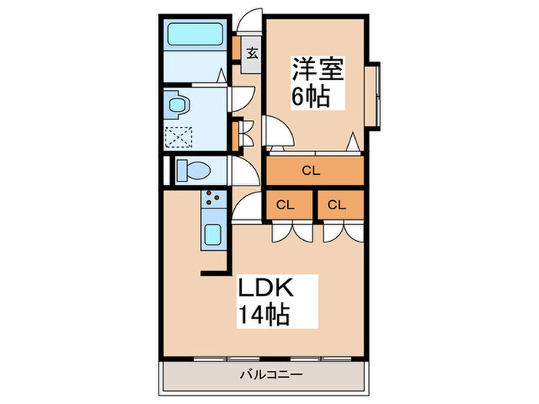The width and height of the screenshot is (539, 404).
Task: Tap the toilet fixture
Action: pos(191,169)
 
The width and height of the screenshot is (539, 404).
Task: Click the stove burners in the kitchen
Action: pos(212,201)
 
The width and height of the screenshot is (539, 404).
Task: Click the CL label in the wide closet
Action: pos(312,171)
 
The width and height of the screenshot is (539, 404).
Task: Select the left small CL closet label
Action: pos(286,205)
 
